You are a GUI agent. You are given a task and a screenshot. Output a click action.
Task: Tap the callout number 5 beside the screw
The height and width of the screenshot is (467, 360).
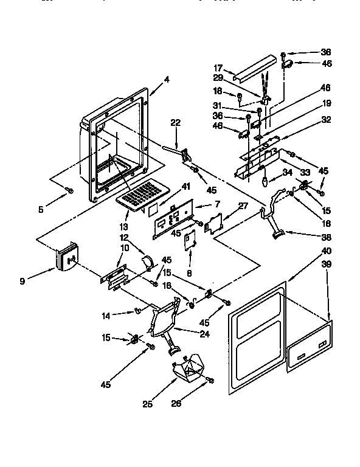[x=41, y=209]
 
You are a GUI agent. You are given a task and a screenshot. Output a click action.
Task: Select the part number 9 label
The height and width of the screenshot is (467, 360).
[x=22, y=282]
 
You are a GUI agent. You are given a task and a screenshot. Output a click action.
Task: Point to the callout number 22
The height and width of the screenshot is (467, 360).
[x=175, y=123]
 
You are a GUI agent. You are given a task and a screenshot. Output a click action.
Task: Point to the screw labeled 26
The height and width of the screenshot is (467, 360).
[x=210, y=380]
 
